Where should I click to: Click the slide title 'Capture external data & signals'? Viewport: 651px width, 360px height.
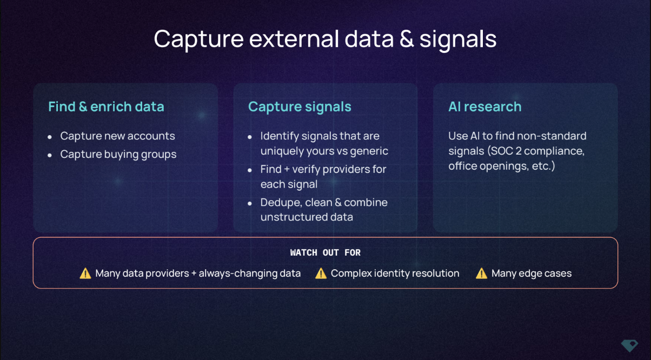[x=325, y=39]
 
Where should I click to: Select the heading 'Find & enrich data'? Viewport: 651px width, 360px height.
[x=106, y=106]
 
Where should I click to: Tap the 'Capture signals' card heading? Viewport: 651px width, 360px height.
[x=300, y=107]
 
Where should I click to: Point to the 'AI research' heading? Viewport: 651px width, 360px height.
[x=485, y=106]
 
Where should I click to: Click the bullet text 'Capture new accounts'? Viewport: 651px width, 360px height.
[x=117, y=136]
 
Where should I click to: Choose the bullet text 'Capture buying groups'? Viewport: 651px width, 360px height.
[x=118, y=155]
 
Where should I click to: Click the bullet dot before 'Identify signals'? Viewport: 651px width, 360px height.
[x=250, y=137]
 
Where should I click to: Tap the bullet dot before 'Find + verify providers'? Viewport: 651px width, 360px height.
[x=250, y=170]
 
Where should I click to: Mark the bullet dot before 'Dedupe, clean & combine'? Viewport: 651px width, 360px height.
[x=250, y=204]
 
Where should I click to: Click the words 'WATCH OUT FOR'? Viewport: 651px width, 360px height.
[x=325, y=252]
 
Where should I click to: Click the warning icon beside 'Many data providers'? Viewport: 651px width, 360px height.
[x=85, y=274]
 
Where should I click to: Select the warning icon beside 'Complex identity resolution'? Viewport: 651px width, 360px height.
[x=321, y=274]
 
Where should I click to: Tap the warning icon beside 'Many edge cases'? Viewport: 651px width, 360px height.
[x=481, y=274]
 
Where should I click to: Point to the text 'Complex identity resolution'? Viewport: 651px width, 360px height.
[x=395, y=274]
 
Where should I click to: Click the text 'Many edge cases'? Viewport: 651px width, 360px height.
[x=532, y=274]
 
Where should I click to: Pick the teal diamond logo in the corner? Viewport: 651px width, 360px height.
[x=629, y=346]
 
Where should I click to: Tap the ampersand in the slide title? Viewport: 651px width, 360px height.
[x=406, y=39]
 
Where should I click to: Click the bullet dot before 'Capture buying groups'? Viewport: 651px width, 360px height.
[x=50, y=156]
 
